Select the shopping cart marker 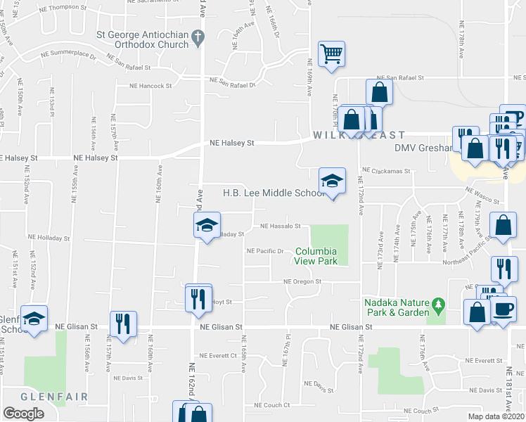coord(331,53)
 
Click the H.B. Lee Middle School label coord(274,193)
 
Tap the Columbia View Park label coord(316,256)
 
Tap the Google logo coord(23,414)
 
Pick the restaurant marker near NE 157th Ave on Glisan coord(123,324)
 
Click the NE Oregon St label coord(302,281)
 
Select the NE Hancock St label coord(150,86)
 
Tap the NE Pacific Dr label coord(264,251)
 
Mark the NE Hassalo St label coord(281,226)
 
